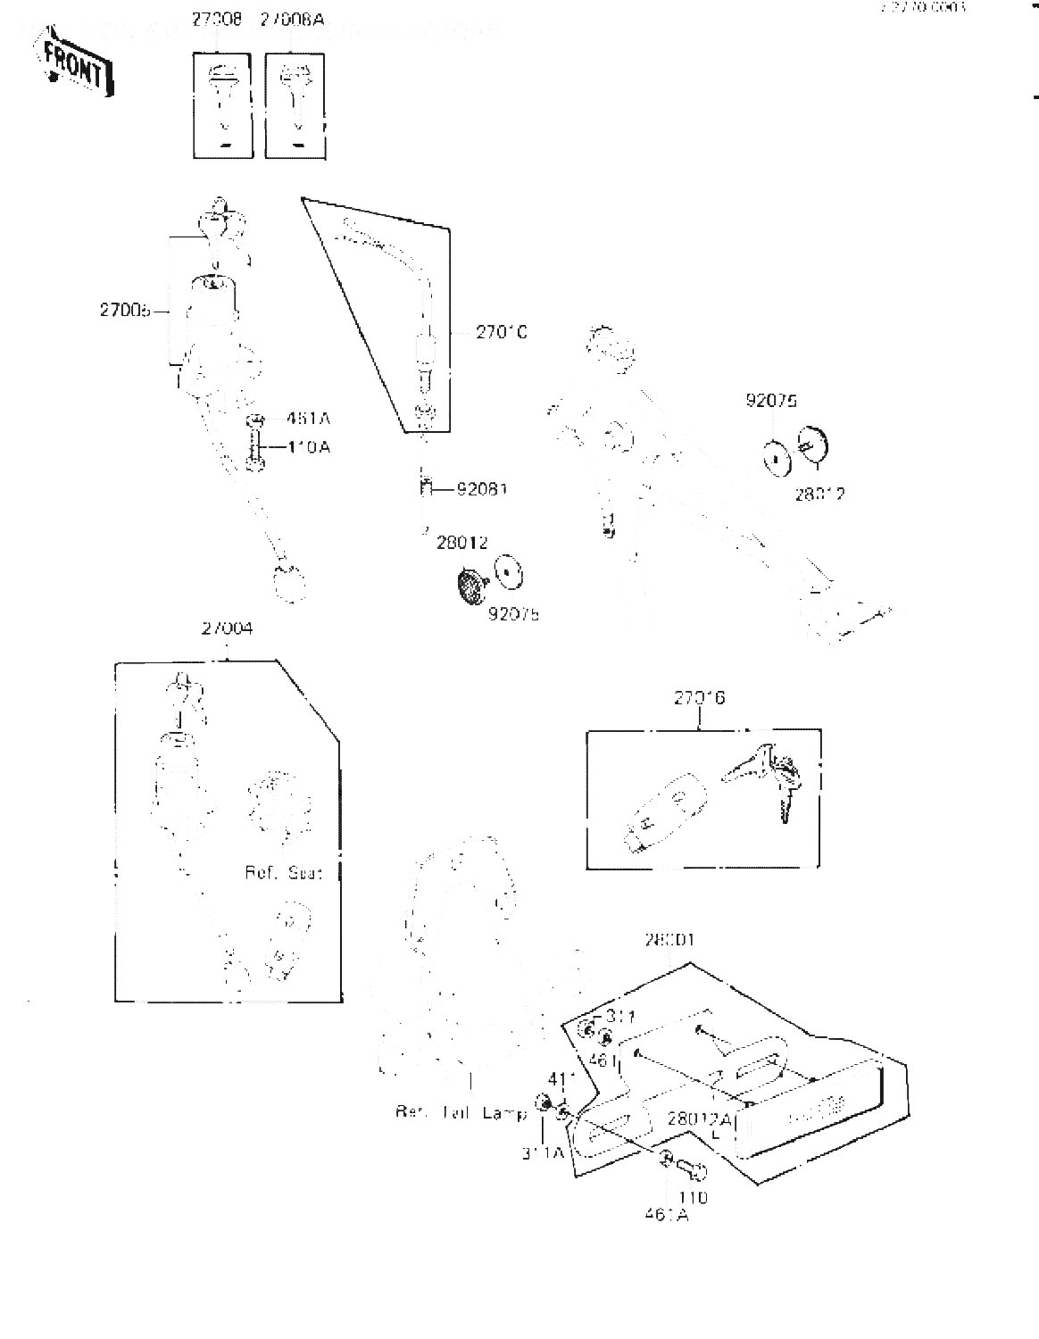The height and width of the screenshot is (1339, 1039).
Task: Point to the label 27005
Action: [124, 312]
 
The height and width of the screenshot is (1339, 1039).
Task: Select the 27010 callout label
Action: [501, 332]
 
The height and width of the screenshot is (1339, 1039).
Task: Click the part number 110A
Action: [308, 446]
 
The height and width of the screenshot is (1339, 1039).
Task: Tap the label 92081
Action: [482, 489]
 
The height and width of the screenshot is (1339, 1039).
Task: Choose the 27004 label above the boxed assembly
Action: [227, 628]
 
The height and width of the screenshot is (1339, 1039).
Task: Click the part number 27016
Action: [699, 698]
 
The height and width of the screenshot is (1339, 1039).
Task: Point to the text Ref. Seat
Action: [283, 872]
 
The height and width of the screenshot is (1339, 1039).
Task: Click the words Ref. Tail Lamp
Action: [461, 1113]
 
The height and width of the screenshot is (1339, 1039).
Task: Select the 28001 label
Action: [669, 940]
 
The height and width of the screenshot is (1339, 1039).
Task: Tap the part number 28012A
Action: [700, 1119]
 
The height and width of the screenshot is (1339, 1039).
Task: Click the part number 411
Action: [559, 1079]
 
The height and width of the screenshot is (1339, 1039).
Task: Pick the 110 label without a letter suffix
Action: [692, 1197]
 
